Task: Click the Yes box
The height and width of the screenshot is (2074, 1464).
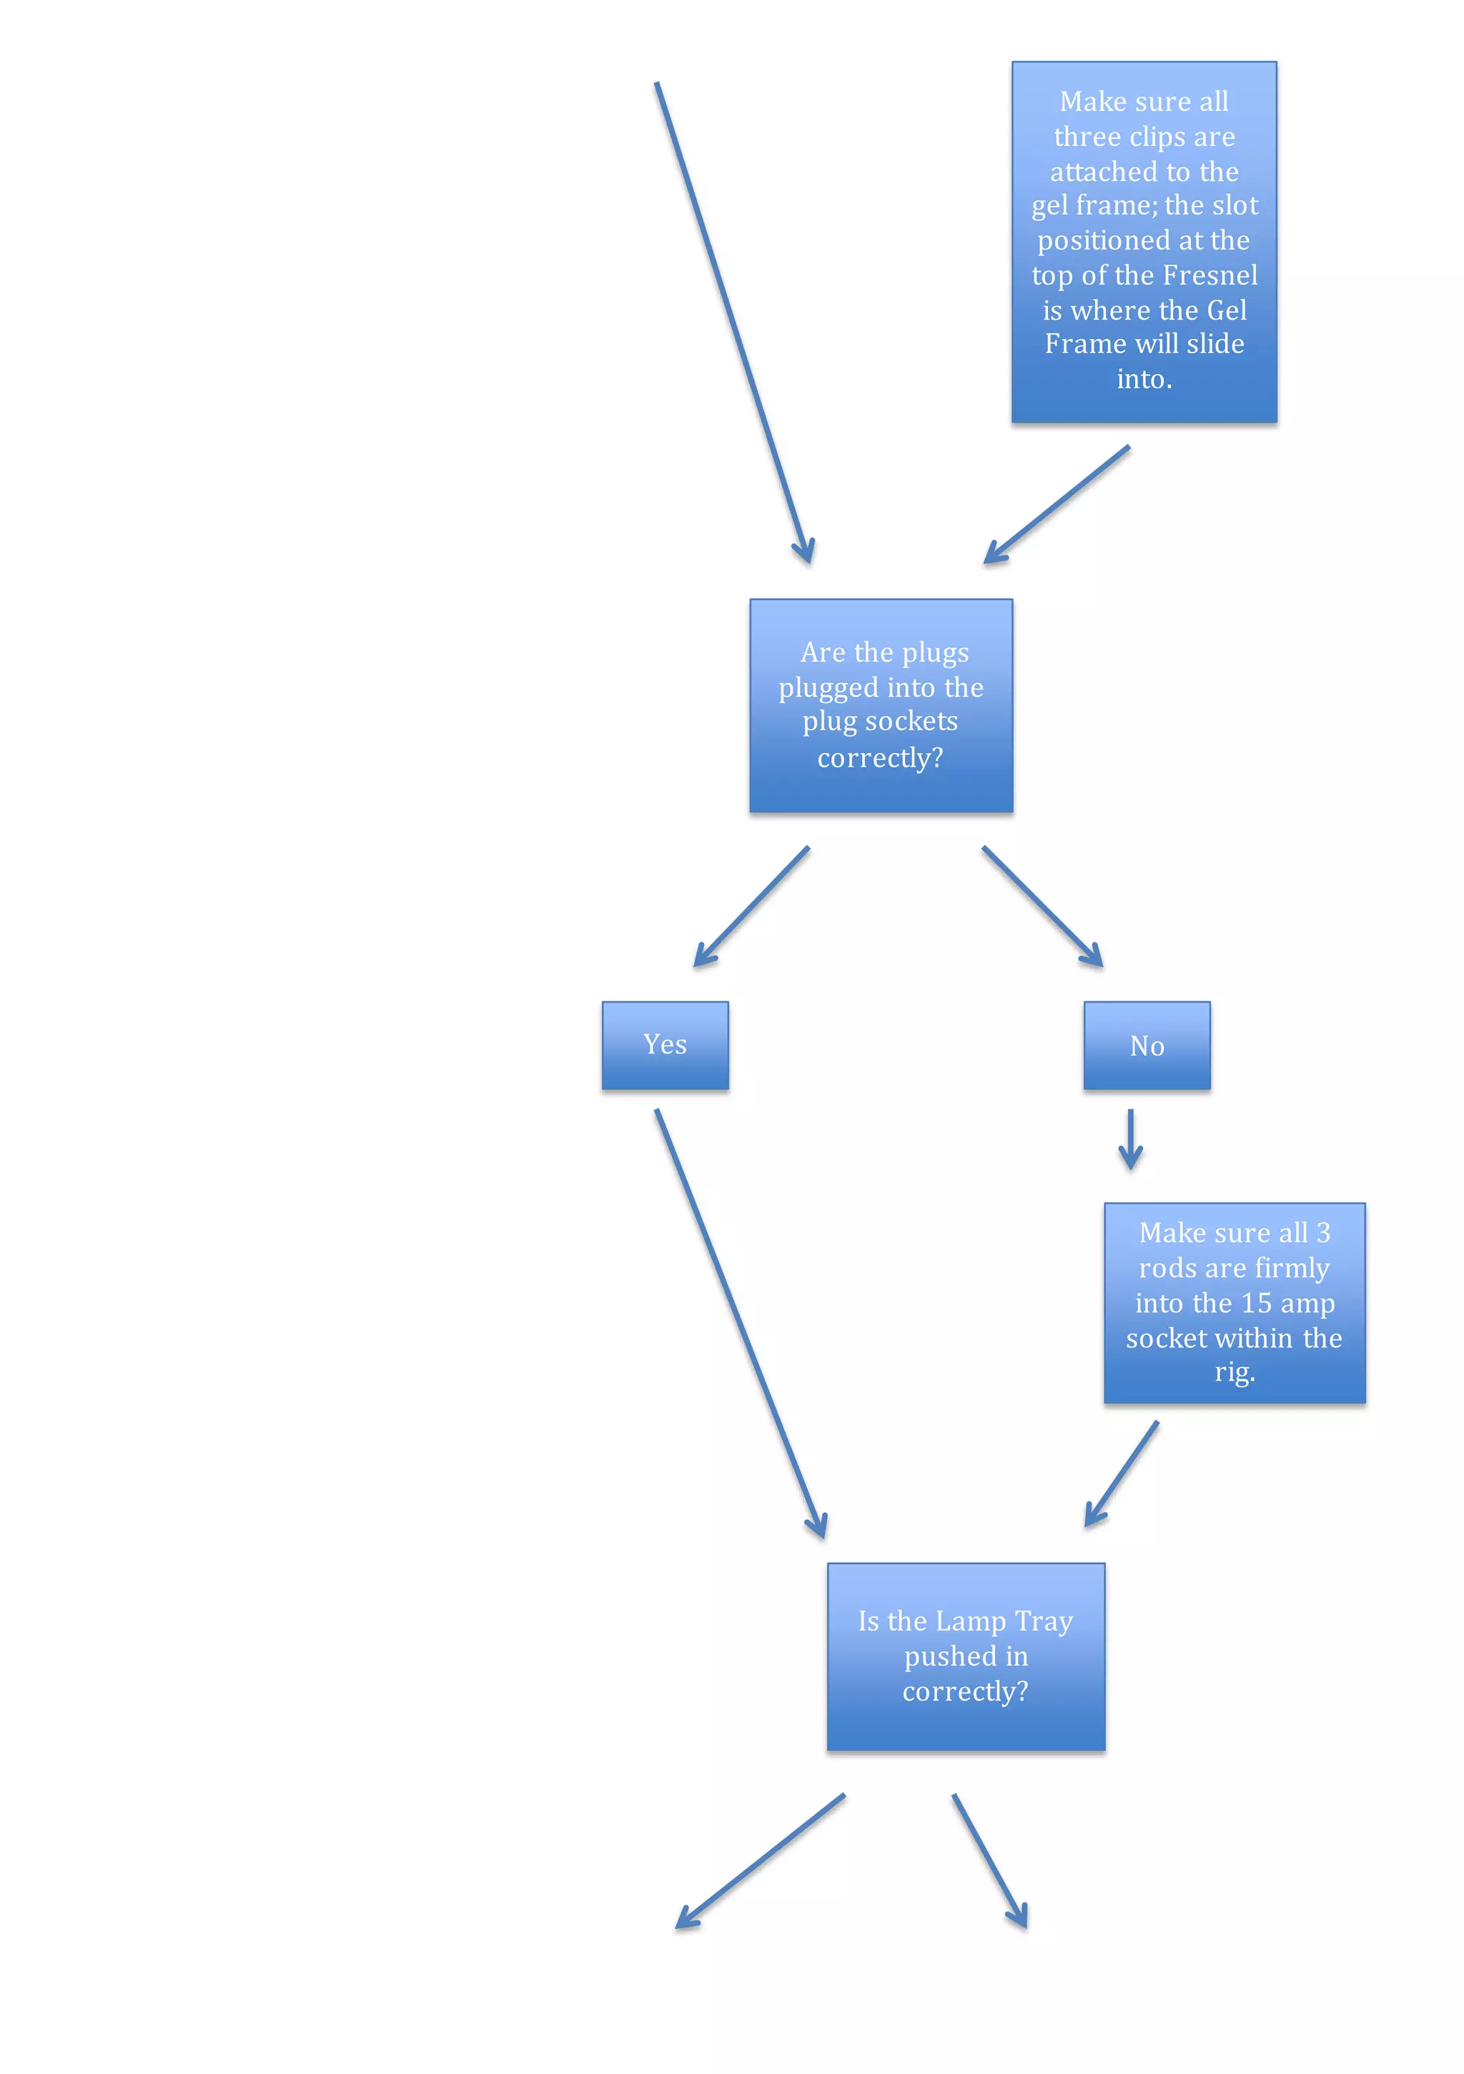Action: tap(665, 1044)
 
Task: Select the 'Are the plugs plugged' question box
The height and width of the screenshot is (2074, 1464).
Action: tap(881, 705)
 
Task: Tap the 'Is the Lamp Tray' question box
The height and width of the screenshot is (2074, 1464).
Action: tap(966, 1656)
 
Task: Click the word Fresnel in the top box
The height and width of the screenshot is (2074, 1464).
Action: tap(1210, 275)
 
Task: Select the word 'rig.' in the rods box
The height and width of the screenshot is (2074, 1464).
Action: tap(1235, 1372)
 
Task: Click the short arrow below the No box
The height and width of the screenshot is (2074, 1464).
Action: tap(1130, 1140)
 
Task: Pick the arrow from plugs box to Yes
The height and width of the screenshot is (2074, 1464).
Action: tap(751, 907)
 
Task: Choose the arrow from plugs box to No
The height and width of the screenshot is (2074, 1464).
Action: tap(1042, 907)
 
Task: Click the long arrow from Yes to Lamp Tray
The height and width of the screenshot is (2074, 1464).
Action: tap(741, 1323)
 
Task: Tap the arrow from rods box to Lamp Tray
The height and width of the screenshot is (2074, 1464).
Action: tap(1121, 1474)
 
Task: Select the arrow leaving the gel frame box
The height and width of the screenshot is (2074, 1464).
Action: tap(1057, 505)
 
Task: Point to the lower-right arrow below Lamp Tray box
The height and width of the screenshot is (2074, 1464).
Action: tap(990, 1861)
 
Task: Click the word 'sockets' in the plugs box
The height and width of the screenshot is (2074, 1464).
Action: tap(911, 721)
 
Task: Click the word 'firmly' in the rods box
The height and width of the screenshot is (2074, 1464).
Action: tap(1292, 1268)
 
